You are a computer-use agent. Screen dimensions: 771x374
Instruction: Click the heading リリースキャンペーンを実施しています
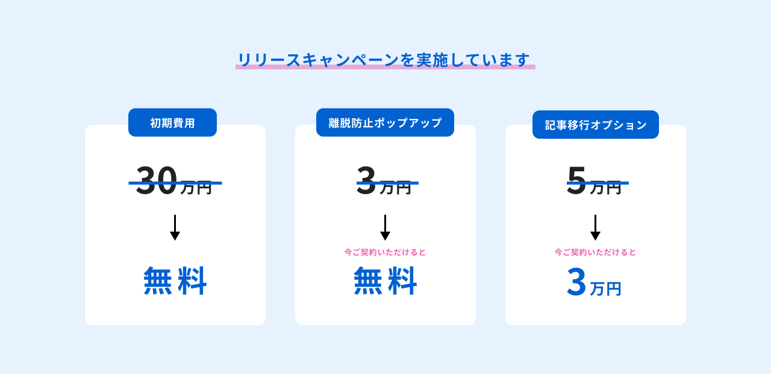(x=384, y=60)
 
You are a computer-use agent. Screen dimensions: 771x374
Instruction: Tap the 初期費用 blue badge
(x=172, y=122)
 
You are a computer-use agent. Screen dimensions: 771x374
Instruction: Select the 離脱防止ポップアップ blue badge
(x=385, y=122)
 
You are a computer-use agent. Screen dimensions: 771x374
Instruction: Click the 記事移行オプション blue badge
(x=596, y=124)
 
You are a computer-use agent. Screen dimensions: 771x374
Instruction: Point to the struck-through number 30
(x=156, y=180)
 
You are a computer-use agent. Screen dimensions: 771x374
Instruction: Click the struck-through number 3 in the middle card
(x=366, y=180)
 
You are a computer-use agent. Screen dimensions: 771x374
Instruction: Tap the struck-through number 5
(x=576, y=180)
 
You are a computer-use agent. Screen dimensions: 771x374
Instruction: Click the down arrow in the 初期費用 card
(x=175, y=227)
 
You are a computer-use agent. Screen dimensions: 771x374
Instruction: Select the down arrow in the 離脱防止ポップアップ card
(x=385, y=227)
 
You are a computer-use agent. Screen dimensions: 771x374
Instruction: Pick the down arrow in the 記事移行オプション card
(x=596, y=227)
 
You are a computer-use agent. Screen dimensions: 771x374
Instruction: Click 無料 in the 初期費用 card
(x=175, y=280)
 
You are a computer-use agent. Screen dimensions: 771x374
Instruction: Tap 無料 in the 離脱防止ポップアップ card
(x=385, y=280)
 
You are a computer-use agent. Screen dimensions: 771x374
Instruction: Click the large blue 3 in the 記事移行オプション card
(x=576, y=282)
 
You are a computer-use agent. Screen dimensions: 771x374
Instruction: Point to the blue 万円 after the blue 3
(x=605, y=289)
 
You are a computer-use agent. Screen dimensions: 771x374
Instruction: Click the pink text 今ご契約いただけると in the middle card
(x=385, y=252)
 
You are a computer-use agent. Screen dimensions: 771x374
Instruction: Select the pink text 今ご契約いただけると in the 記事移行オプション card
(x=596, y=252)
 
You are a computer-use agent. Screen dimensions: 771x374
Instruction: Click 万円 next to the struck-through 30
(x=196, y=188)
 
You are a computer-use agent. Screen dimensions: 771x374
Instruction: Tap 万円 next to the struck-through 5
(x=605, y=188)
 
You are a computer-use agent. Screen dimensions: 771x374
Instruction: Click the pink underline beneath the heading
(x=385, y=67)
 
